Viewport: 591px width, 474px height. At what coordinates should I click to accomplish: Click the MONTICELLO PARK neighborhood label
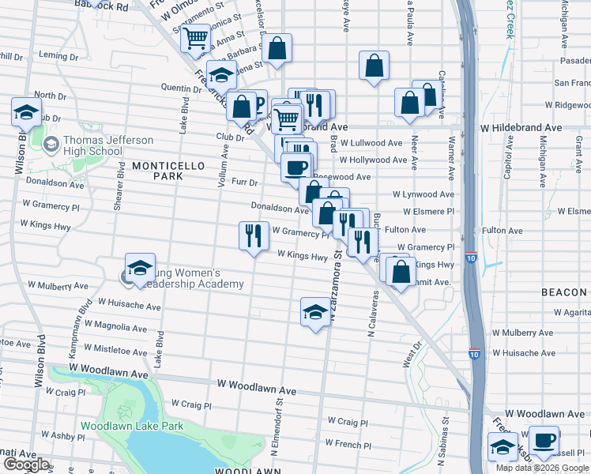coord(157,171)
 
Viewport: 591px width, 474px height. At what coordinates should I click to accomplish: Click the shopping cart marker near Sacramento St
coord(194,37)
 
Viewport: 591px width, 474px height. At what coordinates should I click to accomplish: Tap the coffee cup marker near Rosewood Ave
coord(296,167)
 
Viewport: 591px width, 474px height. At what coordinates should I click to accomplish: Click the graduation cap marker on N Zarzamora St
coord(315,312)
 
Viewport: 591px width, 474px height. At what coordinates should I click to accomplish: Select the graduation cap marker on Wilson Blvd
coord(26,112)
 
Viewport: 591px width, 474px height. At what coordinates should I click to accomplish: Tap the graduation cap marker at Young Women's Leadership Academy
coord(140,269)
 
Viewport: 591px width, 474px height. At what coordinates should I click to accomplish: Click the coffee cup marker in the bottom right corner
coord(543,441)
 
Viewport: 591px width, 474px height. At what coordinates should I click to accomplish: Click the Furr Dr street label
coord(245,182)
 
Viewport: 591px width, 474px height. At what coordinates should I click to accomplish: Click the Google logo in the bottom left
coord(26,465)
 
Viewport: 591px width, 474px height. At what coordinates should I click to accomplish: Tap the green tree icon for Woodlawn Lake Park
coord(122,412)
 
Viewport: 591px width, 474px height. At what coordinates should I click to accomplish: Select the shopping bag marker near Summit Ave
coord(401,271)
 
